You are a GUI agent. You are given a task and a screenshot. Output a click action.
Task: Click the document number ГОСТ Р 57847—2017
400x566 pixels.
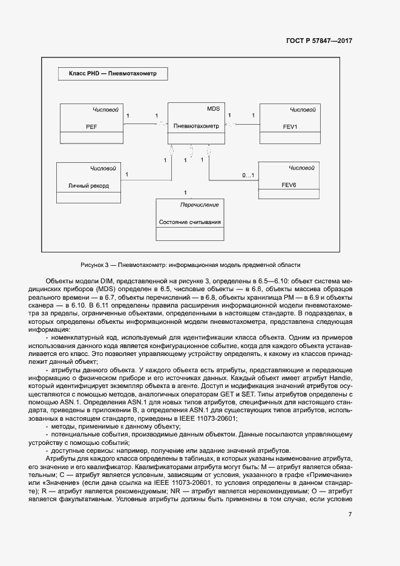point(319,41)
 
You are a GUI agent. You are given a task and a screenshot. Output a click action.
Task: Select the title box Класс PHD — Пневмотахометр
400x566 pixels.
point(113,74)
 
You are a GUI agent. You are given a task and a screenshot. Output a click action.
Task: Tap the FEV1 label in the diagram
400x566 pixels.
point(290,127)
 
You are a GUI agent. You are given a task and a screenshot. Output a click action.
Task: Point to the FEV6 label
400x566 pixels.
point(289,185)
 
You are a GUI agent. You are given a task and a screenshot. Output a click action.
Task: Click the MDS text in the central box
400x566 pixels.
point(213,109)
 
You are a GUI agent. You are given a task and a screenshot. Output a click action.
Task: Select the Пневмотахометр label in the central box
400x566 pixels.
point(196,126)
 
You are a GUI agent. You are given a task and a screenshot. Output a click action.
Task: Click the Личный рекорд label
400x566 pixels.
point(88,185)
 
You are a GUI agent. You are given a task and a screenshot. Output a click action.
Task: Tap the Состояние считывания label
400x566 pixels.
point(190,222)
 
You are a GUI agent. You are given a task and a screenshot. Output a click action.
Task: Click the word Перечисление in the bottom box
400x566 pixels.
point(200,205)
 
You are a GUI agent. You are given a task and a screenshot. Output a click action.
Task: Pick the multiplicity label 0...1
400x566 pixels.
point(248,176)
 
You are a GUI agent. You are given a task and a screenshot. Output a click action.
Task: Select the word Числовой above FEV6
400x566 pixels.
point(301,167)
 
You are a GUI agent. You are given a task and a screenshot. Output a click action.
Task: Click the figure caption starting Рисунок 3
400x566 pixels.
point(190,265)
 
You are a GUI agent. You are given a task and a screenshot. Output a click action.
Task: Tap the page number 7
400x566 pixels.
point(350,514)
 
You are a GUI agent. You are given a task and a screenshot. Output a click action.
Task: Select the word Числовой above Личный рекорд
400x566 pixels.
point(102,168)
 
